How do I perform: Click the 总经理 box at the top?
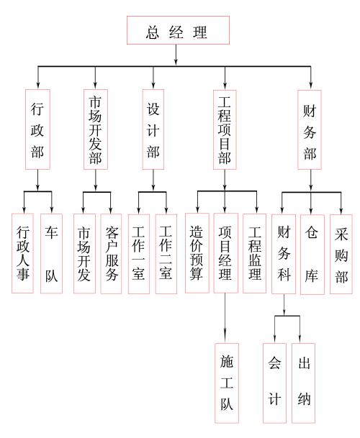[178, 30]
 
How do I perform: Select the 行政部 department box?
[37, 129]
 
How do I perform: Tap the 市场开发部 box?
[96, 129]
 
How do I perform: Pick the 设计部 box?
[153, 129]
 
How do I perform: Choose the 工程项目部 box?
[225, 129]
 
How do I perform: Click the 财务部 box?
[310, 129]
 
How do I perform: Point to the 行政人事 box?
[22, 253]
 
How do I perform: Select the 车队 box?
[51, 254]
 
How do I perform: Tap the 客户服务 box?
[111, 254]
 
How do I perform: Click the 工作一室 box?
[139, 254]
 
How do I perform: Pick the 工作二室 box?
[166, 254]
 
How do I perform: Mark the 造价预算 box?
[197, 253]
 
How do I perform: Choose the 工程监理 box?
[255, 254]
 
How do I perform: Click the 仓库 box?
[312, 255]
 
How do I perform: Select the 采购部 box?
[341, 254]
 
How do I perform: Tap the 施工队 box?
[227, 383]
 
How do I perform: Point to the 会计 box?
[275, 383]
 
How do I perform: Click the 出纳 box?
[304, 383]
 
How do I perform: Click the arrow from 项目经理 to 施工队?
[225, 318]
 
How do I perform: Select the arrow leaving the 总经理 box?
[176, 55]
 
